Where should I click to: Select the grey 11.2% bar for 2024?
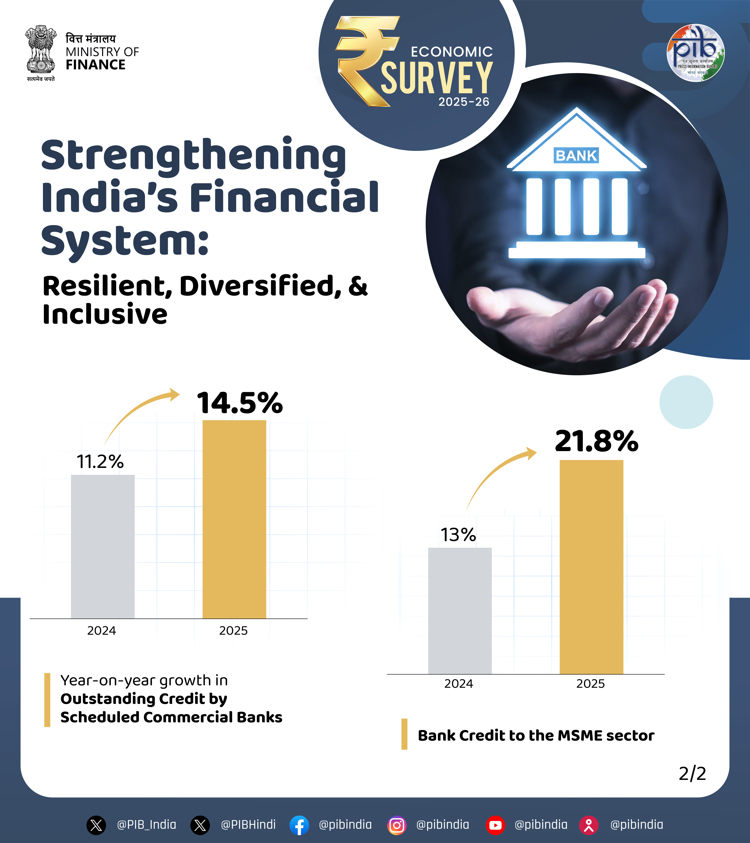103,546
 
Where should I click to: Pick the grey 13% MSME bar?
460,610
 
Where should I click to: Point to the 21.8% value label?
596,441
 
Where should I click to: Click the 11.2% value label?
100,461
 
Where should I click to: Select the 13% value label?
458,535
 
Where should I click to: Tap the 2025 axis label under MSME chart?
590,684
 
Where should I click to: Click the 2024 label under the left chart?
102,631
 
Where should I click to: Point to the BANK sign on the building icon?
576,155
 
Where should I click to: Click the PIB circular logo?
696,53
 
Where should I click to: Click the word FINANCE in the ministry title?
95,65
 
